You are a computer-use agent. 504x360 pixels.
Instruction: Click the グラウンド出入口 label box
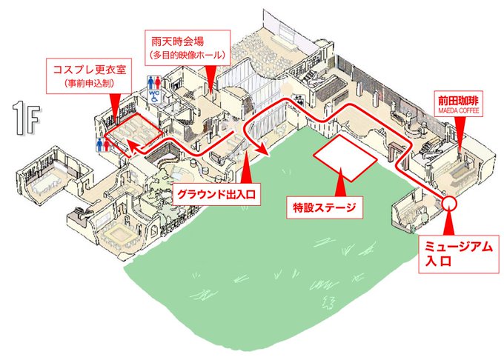[216, 195]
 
